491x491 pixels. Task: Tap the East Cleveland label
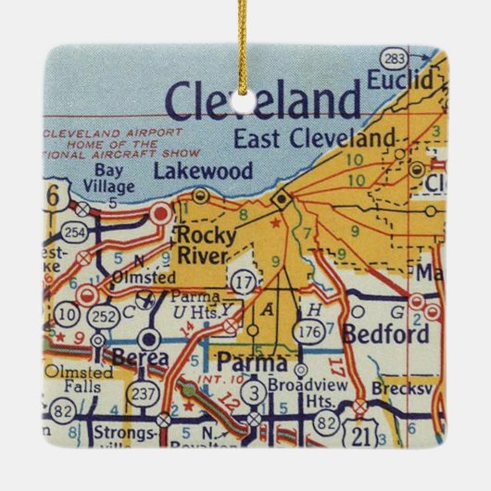click(314, 139)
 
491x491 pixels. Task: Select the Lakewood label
click(189, 170)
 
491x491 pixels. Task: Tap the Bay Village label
click(114, 179)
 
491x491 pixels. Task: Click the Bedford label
click(385, 334)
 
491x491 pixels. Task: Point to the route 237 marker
click(145, 395)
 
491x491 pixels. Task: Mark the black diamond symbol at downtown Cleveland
click(281, 197)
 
